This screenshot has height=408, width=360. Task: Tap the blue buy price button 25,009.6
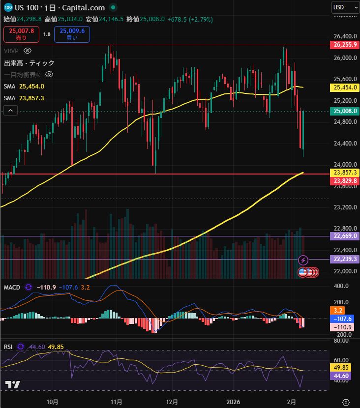[x=72, y=34]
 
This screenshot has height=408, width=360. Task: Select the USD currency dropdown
[x=345, y=7]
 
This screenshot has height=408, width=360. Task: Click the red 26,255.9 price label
[x=345, y=45]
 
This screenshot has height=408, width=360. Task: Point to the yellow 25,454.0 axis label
[x=345, y=87]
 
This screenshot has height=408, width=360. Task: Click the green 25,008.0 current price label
[x=345, y=111]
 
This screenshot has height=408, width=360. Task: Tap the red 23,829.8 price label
[x=345, y=181]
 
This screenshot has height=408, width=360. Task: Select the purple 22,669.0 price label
[x=345, y=236]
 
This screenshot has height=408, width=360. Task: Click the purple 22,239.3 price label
[x=345, y=259]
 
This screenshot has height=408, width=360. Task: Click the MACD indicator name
[x=12, y=287]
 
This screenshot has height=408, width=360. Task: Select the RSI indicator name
[x=8, y=347]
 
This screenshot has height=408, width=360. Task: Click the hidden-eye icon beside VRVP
[x=28, y=51]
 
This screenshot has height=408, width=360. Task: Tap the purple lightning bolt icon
[x=303, y=260]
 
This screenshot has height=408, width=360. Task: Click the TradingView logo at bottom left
[x=12, y=385]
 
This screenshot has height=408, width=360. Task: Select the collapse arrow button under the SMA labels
[x=10, y=111]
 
